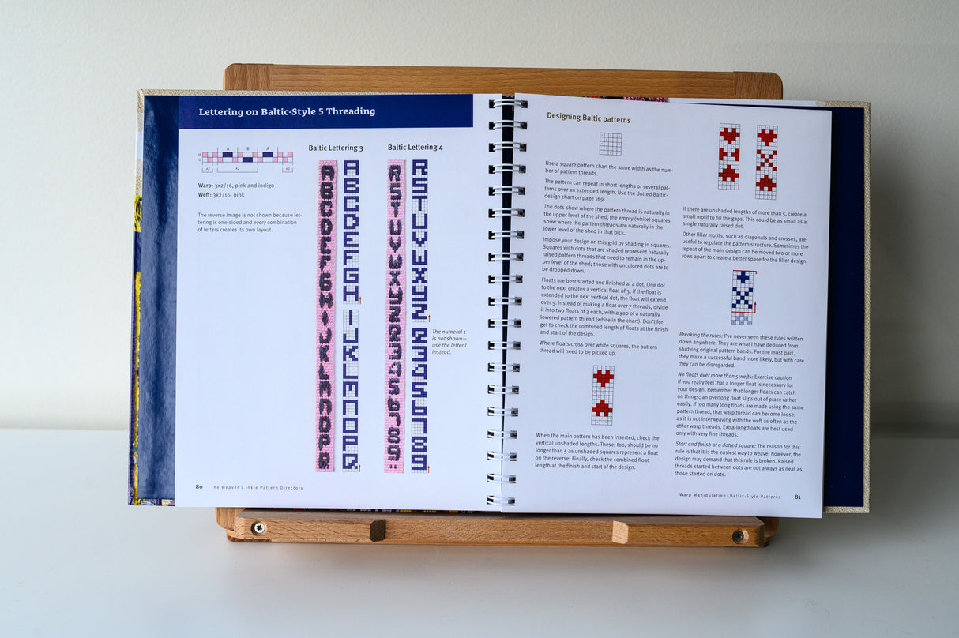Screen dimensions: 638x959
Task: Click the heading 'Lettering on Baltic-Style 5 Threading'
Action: [287, 112]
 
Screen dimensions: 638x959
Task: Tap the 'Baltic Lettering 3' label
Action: [336, 148]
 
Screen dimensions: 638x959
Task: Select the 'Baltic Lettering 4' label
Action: [415, 148]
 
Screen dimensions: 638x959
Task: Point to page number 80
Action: [199, 487]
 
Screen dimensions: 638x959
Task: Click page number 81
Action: [798, 497]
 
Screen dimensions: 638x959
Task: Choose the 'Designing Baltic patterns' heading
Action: [589, 119]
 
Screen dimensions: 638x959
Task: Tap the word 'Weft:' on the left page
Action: [207, 194]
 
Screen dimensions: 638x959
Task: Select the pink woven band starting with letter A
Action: [325, 316]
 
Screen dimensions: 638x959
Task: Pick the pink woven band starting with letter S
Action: [395, 316]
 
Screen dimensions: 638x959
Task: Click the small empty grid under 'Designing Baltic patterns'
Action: [610, 144]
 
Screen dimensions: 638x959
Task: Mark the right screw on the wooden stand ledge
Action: [739, 535]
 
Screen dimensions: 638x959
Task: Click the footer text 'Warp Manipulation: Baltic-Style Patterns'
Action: [729, 495]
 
